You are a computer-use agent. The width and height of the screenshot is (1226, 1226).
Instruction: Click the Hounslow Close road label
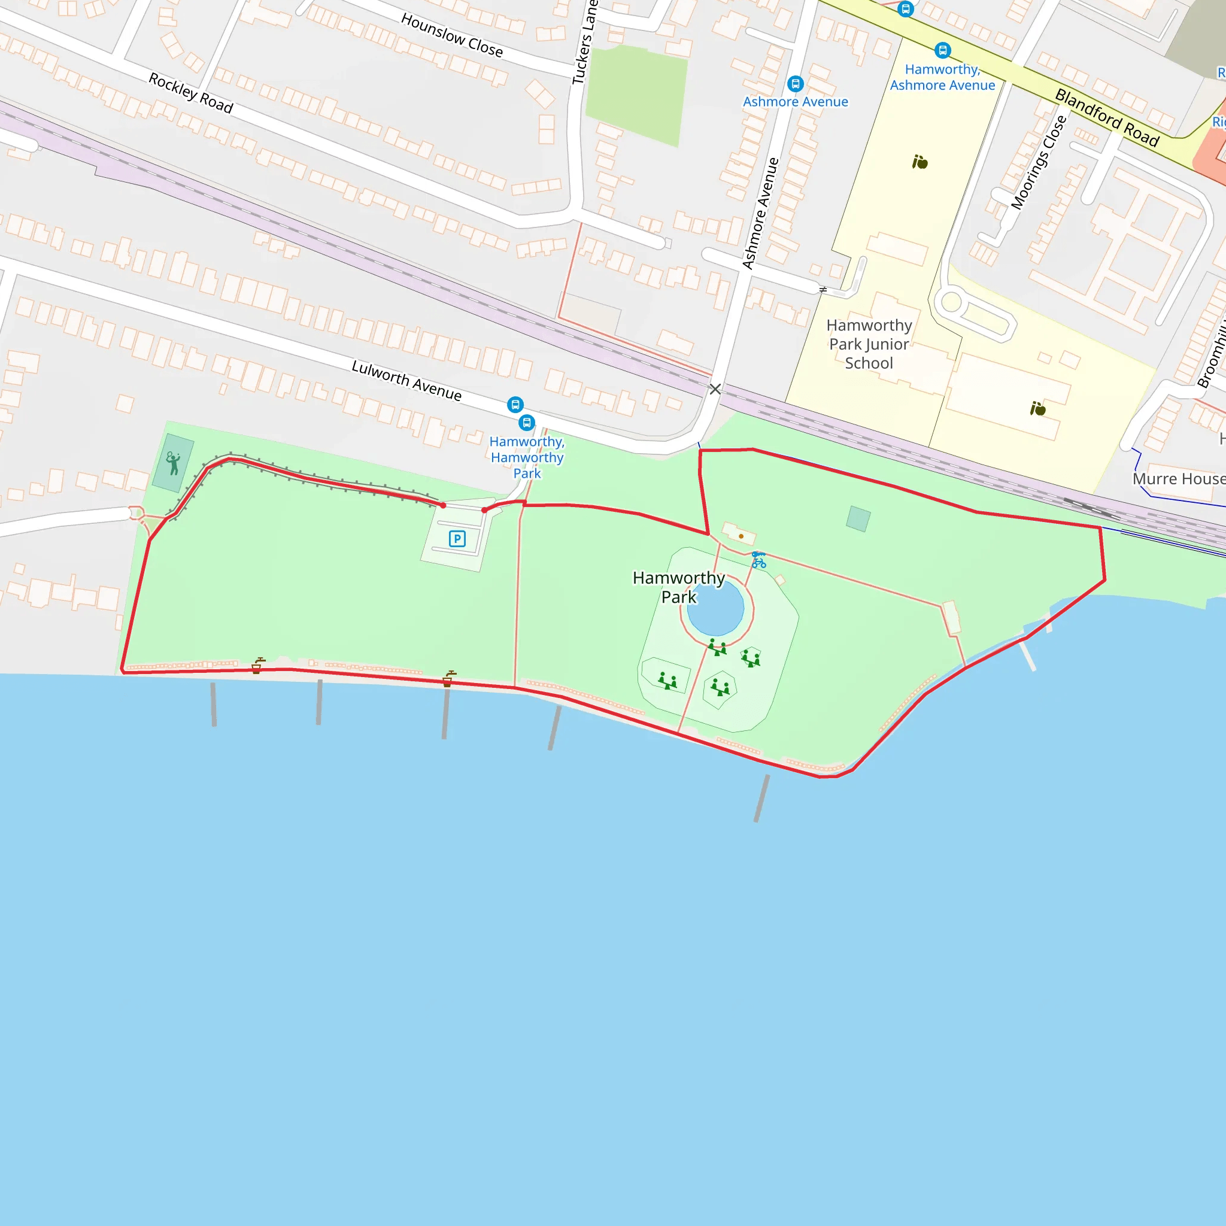coord(451,35)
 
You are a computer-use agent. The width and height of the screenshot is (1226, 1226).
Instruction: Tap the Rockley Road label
coord(190,93)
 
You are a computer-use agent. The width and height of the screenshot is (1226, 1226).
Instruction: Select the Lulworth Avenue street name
coord(406,380)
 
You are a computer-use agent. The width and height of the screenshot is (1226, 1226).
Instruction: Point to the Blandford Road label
coord(1107,117)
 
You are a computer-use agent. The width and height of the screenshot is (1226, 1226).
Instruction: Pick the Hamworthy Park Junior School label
coord(869,344)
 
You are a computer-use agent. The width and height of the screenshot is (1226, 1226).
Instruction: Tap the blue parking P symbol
coord(457,539)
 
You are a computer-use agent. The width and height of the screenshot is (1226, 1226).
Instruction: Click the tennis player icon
coord(172,463)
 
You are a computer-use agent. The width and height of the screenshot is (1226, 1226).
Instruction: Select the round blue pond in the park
coord(715,607)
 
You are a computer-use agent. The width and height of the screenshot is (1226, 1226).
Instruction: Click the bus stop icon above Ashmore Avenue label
coord(795,84)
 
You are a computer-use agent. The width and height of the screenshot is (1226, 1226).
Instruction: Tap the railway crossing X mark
coord(715,389)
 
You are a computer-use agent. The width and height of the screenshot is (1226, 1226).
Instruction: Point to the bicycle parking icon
coord(758,560)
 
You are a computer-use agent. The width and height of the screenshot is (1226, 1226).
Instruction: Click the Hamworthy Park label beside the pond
coord(678,587)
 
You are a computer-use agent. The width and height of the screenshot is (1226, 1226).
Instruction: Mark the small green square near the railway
coord(858,518)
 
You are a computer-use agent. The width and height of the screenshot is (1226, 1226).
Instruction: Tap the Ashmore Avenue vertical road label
coord(760,213)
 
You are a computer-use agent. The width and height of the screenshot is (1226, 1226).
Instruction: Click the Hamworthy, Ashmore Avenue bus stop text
coord(942,77)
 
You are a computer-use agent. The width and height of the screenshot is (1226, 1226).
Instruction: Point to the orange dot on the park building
coord(741,536)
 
